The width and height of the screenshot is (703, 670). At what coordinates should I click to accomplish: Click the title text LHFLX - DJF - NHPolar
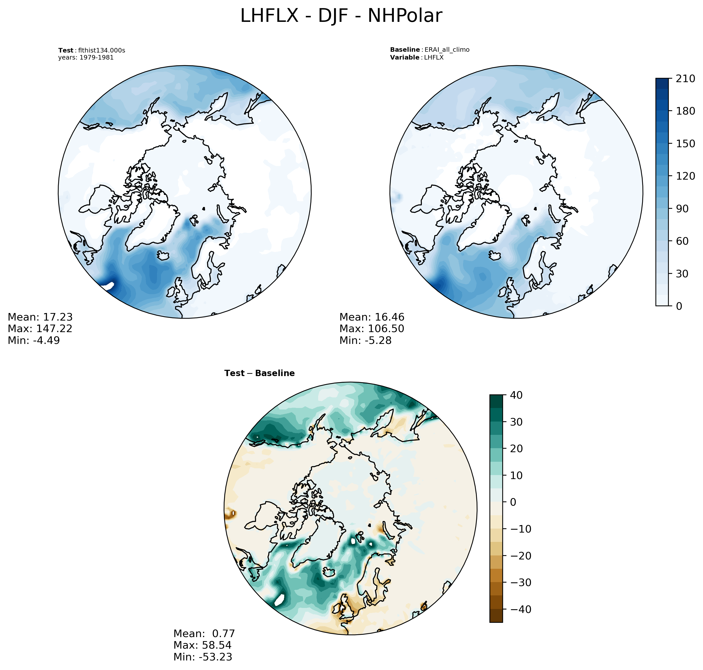[341, 16]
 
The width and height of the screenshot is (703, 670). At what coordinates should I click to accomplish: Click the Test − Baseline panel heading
[259, 373]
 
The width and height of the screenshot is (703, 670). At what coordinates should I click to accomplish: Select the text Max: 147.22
[40, 329]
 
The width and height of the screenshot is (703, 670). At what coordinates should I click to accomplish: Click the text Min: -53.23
[203, 656]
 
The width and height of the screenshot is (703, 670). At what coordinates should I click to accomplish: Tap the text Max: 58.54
[202, 645]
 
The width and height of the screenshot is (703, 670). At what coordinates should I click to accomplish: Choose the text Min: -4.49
[34, 340]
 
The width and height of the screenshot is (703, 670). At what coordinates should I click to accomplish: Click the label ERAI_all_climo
[447, 50]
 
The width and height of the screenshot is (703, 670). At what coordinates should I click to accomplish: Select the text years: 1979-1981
[86, 58]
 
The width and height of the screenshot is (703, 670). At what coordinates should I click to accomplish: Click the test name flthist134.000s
[102, 50]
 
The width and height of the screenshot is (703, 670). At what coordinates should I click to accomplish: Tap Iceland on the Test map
[163, 255]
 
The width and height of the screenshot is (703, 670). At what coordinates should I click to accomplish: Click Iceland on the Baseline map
[495, 255]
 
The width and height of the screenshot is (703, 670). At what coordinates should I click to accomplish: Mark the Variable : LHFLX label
[417, 58]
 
